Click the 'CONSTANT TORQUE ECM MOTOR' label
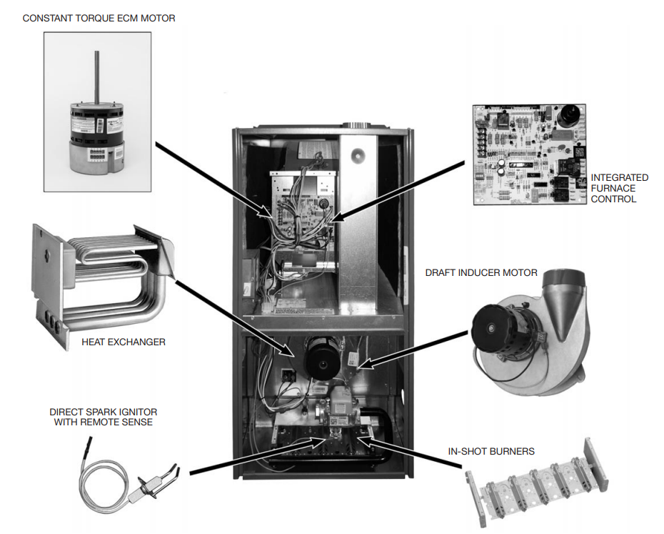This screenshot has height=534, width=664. tap(99, 18)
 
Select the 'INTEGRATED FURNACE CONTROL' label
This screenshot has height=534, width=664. tap(619, 188)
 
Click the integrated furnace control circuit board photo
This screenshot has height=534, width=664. tap(531, 154)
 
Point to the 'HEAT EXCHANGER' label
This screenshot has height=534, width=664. tap(124, 342)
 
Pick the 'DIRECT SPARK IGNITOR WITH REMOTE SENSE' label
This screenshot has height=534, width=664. tap(104, 417)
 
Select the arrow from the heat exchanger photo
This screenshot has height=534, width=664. tap(236, 318)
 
